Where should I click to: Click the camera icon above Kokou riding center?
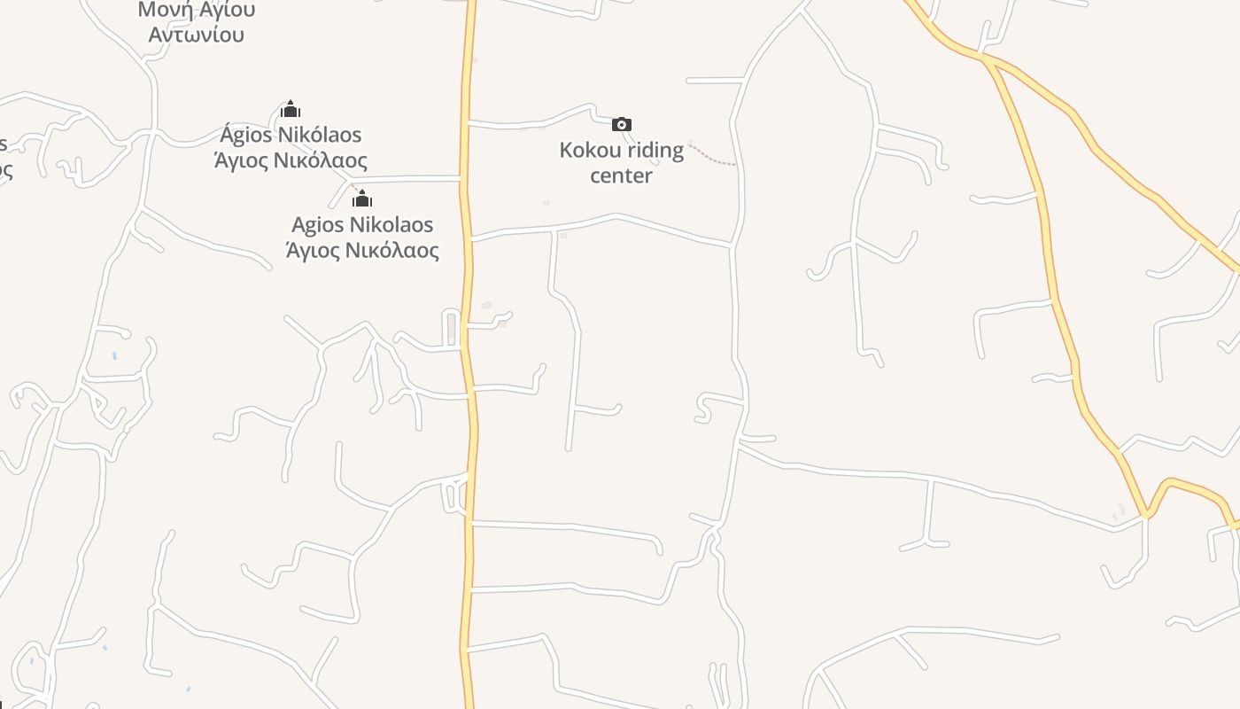pos(622,124)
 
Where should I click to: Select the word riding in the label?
pos(656,150)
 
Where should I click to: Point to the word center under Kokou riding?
pos(621,175)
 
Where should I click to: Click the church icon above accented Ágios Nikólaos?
pos(291,109)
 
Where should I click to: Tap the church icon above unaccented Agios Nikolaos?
pos(362,198)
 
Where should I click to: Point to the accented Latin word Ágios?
pos(247,135)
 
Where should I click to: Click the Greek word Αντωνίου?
pos(196,35)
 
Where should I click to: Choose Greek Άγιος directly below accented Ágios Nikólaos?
pos(241,160)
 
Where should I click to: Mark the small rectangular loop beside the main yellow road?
pos(451,327)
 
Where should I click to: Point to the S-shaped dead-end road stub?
pos(704,408)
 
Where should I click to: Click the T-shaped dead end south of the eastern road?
pos(926,541)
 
